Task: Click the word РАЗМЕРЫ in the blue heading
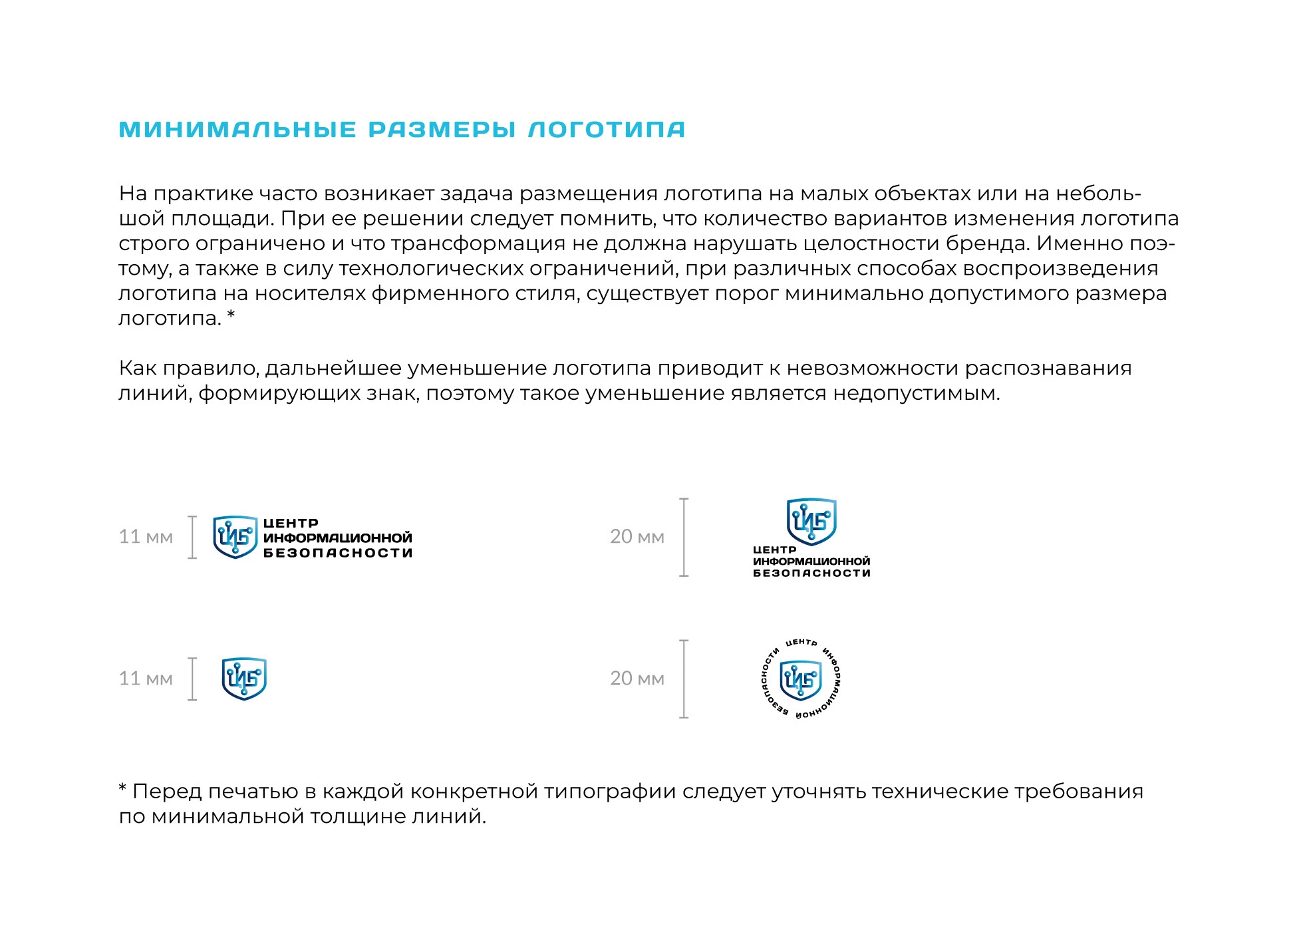click(442, 129)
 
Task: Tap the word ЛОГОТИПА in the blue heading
click(607, 129)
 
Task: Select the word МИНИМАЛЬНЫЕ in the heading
click(238, 129)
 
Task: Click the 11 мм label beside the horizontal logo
click(146, 536)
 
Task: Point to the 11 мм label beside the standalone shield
click(146, 678)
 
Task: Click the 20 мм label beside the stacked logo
click(637, 536)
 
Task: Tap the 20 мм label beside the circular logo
click(637, 678)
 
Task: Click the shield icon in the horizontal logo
click(235, 537)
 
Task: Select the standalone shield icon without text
click(244, 679)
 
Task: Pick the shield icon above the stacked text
click(811, 521)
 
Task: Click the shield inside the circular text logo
click(801, 680)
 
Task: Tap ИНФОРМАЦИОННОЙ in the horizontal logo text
click(338, 538)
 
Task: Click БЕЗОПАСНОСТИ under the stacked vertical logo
click(811, 573)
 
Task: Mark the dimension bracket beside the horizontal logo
click(192, 537)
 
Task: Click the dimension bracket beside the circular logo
click(684, 679)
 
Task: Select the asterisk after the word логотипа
click(231, 315)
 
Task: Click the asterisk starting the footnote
click(122, 789)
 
